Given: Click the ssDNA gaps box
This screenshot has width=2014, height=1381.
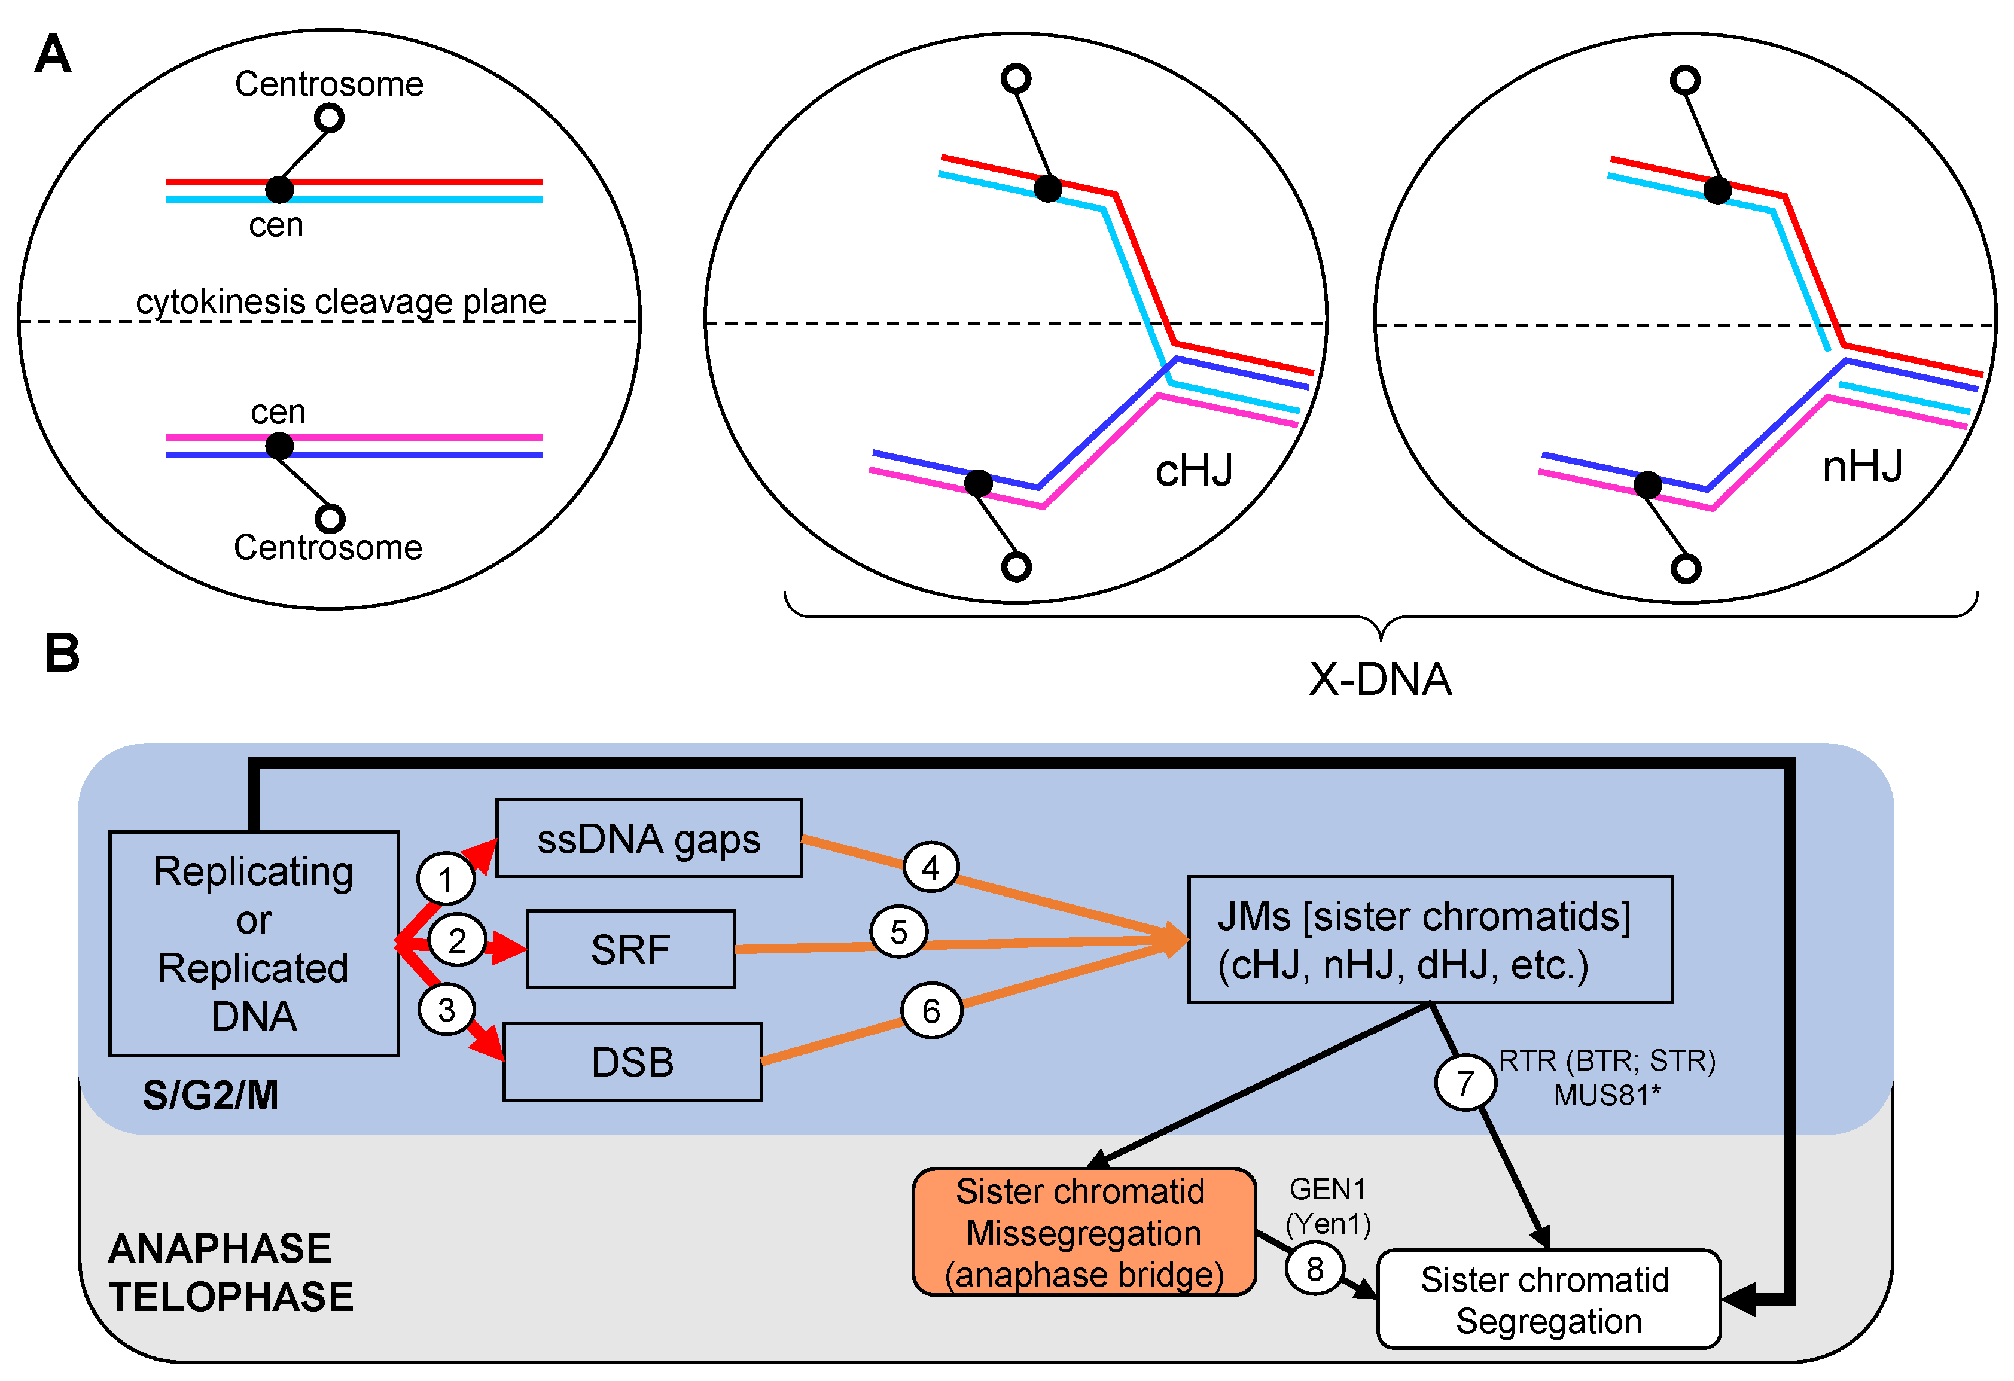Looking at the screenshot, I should (x=648, y=838).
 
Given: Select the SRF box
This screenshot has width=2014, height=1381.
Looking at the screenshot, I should (x=631, y=949).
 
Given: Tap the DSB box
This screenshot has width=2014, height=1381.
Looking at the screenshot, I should (x=633, y=1061).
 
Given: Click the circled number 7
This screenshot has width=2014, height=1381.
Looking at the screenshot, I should (x=1464, y=1082).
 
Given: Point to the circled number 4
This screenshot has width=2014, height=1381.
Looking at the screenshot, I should (x=931, y=867).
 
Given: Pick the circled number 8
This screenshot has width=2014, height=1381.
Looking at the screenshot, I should (x=1315, y=1269).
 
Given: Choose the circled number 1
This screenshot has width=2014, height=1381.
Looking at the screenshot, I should (x=446, y=879).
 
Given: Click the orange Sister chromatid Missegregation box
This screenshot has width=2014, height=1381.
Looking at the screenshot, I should (x=1083, y=1232).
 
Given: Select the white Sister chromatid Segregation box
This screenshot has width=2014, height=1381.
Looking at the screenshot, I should (x=1548, y=1298).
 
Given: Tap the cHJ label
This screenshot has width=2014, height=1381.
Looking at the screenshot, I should (x=1193, y=471).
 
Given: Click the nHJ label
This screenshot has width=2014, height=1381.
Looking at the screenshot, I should (x=1862, y=466).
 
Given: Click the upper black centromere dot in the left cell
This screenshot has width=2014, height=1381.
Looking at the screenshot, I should (x=279, y=189).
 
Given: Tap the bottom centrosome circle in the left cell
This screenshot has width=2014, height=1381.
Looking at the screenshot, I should (x=330, y=518).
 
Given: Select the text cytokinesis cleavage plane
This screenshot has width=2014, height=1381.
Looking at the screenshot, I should (x=342, y=301).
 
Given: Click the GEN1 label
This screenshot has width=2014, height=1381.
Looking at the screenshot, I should (x=1327, y=1188).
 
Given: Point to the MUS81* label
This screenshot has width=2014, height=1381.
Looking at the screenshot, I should (x=1607, y=1095).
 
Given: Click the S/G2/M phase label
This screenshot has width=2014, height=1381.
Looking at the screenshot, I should (x=211, y=1095).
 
